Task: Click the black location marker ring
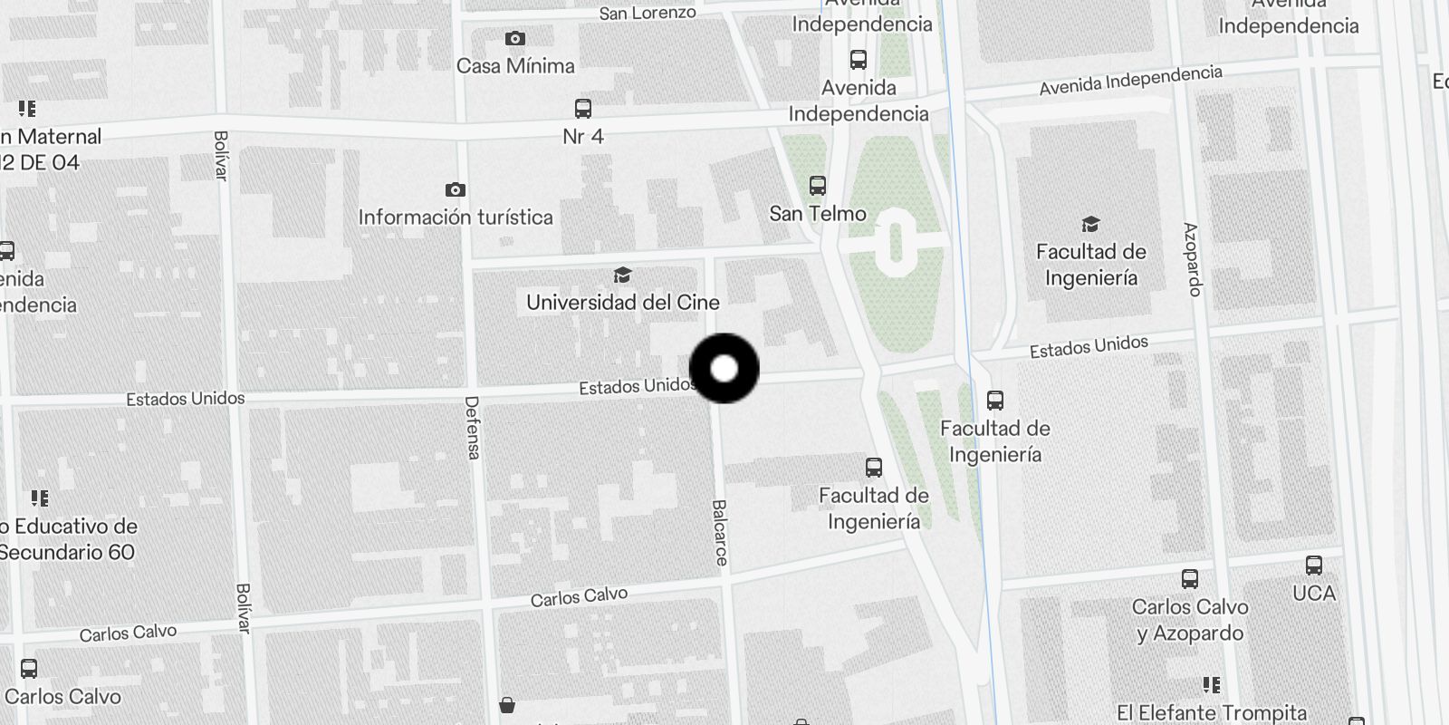point(724,368)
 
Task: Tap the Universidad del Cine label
point(623,303)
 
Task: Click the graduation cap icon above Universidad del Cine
point(622,275)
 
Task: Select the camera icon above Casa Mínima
point(514,39)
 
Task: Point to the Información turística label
point(456,217)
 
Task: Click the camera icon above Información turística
point(456,189)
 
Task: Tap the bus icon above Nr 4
point(583,109)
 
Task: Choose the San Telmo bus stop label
point(818,214)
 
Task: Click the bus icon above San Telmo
point(818,186)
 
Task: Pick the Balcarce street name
point(720,533)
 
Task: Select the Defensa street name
point(472,427)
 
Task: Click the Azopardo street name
point(1192,259)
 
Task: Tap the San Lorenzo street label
point(648,14)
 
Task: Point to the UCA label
point(1314,594)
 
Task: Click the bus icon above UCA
point(1314,565)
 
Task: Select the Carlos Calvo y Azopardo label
point(1190,620)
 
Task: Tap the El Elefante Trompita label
point(1212,713)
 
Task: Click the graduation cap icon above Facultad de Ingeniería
point(1090,224)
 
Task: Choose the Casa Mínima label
point(515,66)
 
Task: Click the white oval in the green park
point(896,240)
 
